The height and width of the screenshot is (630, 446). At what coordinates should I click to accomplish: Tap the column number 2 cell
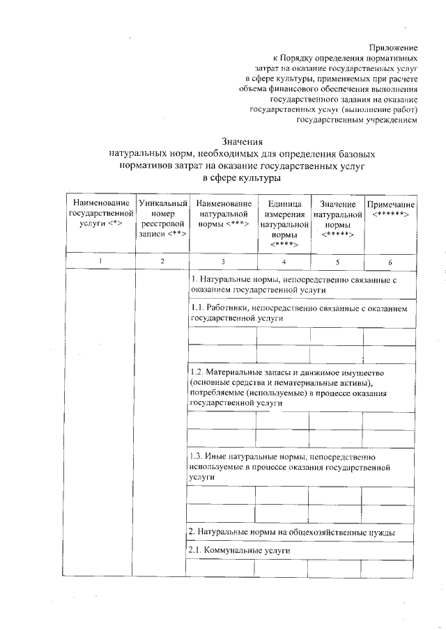tap(162, 261)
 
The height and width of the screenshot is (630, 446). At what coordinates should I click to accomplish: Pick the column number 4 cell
tap(284, 261)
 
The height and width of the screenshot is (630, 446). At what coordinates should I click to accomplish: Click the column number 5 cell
tap(337, 261)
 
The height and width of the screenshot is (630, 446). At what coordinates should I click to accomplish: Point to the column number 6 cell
tap(390, 261)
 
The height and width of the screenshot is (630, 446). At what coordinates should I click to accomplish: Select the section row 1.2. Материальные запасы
tap(293, 388)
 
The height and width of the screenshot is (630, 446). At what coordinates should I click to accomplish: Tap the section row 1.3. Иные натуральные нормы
tap(293, 466)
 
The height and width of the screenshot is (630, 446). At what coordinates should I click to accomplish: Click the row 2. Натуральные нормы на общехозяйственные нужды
tap(293, 533)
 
